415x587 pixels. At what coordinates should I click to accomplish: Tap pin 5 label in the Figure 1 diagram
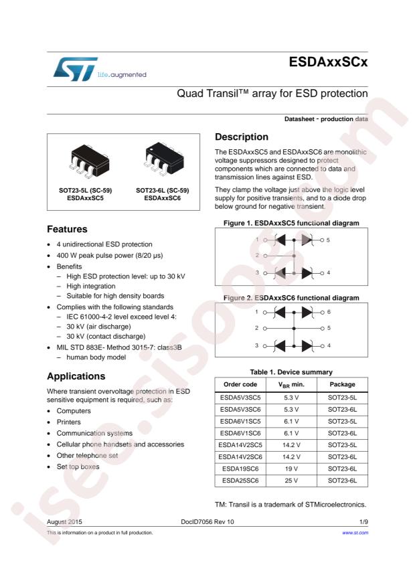pyautogui.click(x=328, y=239)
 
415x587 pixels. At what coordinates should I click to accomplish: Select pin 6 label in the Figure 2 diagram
pyautogui.click(x=328, y=311)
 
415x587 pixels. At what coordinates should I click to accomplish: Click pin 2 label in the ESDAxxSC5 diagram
pyautogui.click(x=256, y=255)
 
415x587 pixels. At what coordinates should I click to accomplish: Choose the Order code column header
pyautogui.click(x=240, y=384)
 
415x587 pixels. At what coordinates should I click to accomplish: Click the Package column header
pyautogui.click(x=342, y=384)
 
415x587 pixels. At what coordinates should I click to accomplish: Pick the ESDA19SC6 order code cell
pyautogui.click(x=240, y=469)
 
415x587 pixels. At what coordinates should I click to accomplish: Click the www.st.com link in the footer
pyautogui.click(x=355, y=532)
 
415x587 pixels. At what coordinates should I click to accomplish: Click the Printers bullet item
pyautogui.click(x=69, y=422)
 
